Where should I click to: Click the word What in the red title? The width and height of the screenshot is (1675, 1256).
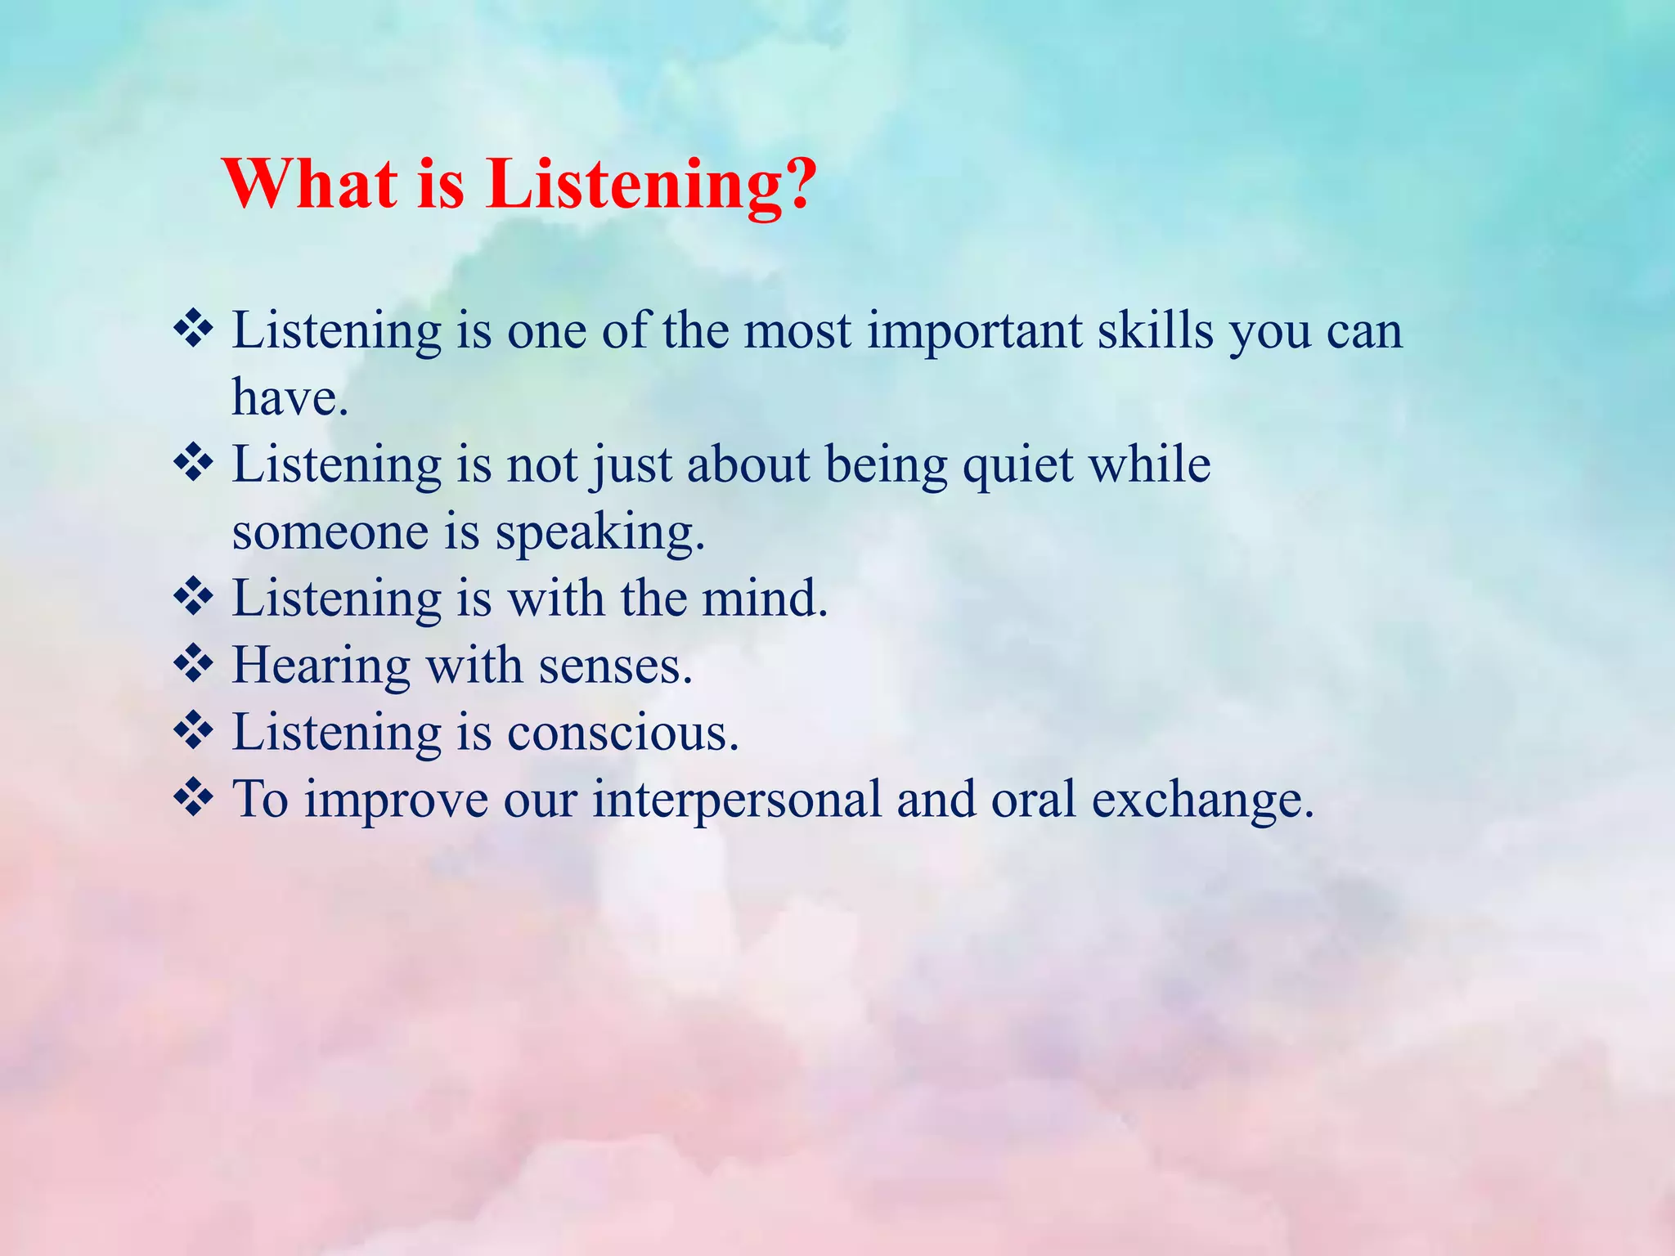[312, 183]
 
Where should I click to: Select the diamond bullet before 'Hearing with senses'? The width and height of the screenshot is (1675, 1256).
[193, 664]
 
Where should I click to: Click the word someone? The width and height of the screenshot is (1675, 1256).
[330, 532]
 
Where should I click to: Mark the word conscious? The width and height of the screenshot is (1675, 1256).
[622, 732]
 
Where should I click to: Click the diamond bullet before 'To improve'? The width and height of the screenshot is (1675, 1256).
[193, 797]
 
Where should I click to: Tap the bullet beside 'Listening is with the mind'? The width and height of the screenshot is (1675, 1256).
[193, 597]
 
